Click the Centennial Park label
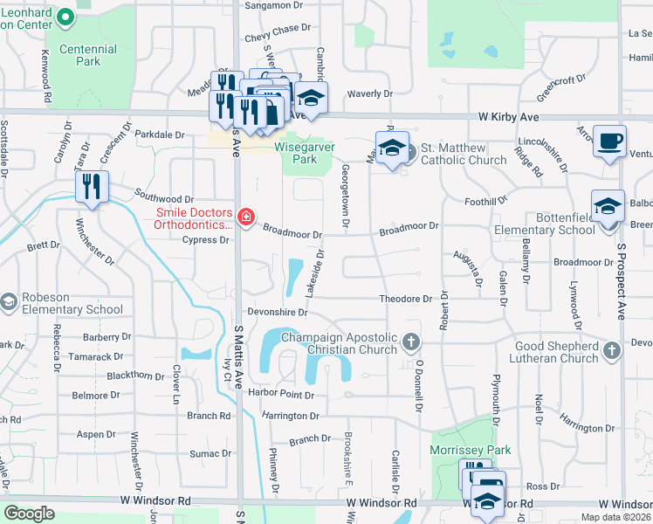(87, 56)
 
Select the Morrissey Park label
(470, 450)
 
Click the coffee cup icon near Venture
(608, 140)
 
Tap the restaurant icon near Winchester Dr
(92, 185)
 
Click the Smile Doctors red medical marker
(246, 217)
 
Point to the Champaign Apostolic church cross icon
(412, 340)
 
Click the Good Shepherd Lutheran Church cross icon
(612, 351)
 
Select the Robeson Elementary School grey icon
(9, 301)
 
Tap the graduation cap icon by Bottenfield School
(607, 207)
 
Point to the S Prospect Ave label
(622, 279)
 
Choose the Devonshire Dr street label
(278, 312)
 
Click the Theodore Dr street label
(405, 299)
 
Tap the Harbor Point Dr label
(280, 395)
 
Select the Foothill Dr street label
(486, 201)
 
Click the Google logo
(29, 514)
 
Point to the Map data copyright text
(614, 517)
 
